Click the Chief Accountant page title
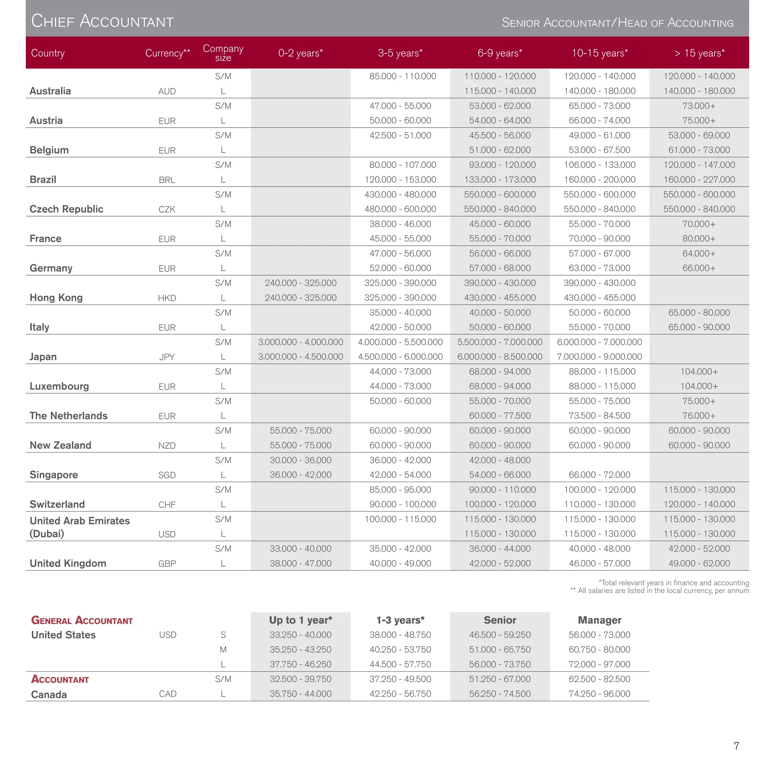click(x=102, y=21)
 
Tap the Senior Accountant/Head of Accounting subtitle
click(x=617, y=23)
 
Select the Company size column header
click(x=223, y=53)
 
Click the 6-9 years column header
click(x=500, y=53)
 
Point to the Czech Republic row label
click(x=66, y=209)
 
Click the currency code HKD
click(x=167, y=298)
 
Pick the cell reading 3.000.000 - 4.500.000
click(x=300, y=356)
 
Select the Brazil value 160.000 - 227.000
click(x=699, y=179)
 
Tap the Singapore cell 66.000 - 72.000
click(x=599, y=475)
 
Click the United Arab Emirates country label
click(x=79, y=521)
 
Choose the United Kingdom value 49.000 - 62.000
click(x=699, y=563)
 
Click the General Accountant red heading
click(x=82, y=621)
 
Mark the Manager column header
click(x=599, y=620)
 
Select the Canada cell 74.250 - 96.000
click(x=599, y=694)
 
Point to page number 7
click(x=736, y=746)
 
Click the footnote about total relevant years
click(x=674, y=582)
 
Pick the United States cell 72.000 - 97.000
click(x=599, y=664)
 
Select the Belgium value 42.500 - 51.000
click(x=400, y=135)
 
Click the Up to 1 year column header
click(x=300, y=620)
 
